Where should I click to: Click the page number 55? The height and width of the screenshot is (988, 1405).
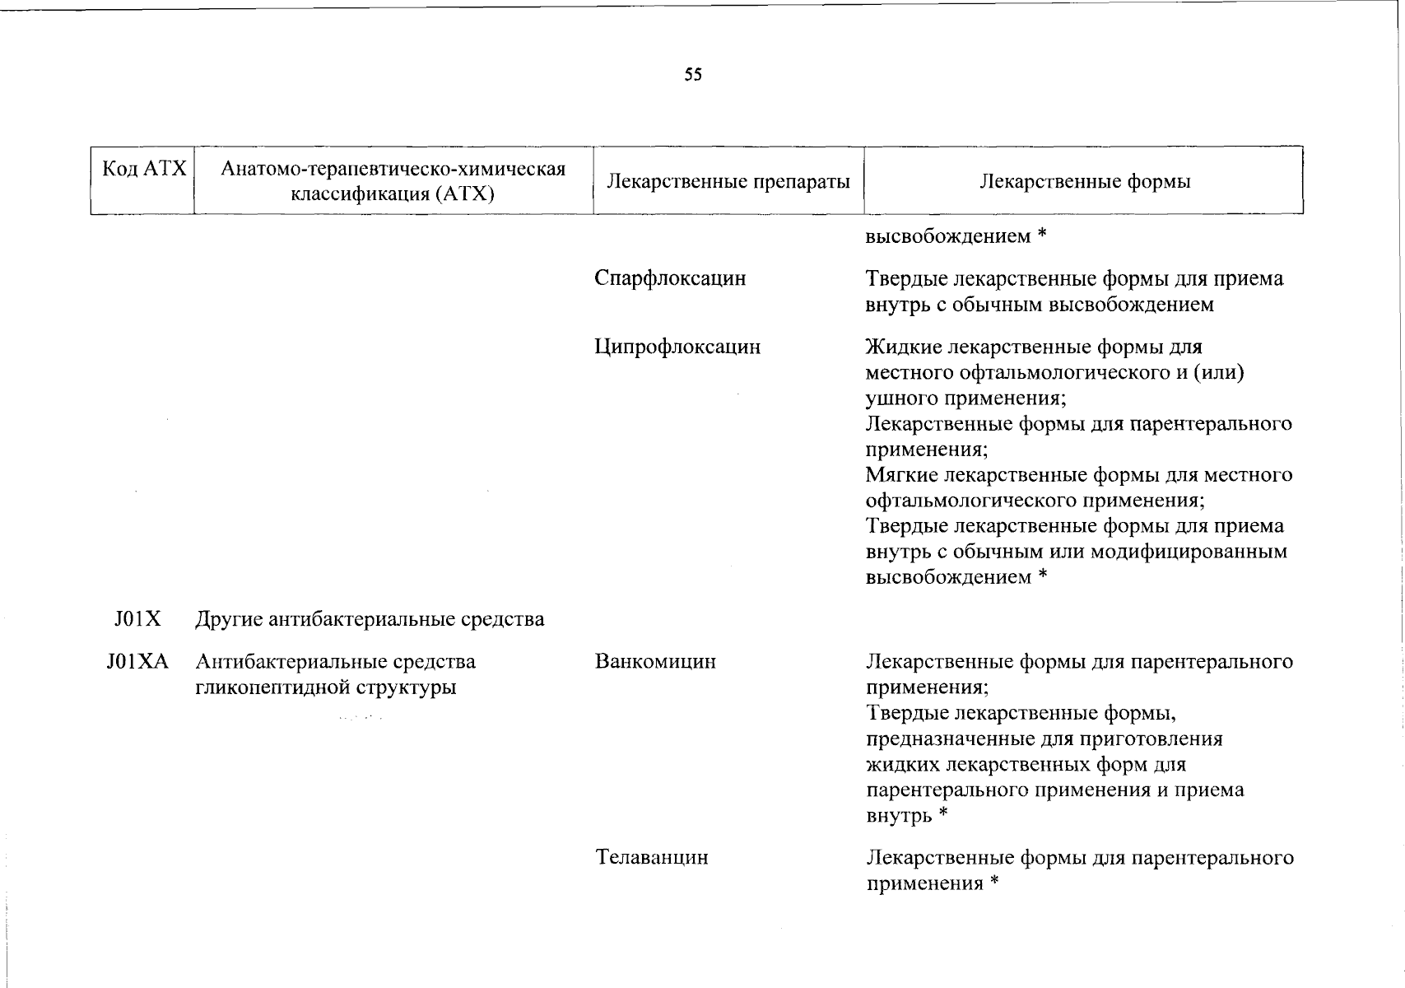693,75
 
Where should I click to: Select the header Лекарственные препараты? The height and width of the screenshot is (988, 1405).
728,181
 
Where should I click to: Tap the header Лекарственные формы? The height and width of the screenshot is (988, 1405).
1084,181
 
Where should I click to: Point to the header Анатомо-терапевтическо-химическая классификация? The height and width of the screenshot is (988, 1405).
393,169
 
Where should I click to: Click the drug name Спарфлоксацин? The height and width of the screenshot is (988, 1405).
670,278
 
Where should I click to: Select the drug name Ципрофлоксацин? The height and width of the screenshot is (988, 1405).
677,347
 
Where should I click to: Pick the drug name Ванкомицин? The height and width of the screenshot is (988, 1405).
655,661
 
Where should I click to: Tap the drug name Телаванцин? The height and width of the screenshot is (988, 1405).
652,857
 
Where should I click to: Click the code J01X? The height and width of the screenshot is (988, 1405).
137,619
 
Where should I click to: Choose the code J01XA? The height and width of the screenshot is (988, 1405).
137,661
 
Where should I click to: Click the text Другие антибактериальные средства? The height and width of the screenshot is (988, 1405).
370,619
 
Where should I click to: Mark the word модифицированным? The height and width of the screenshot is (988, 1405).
1189,551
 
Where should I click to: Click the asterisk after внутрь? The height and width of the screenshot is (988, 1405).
943,815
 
